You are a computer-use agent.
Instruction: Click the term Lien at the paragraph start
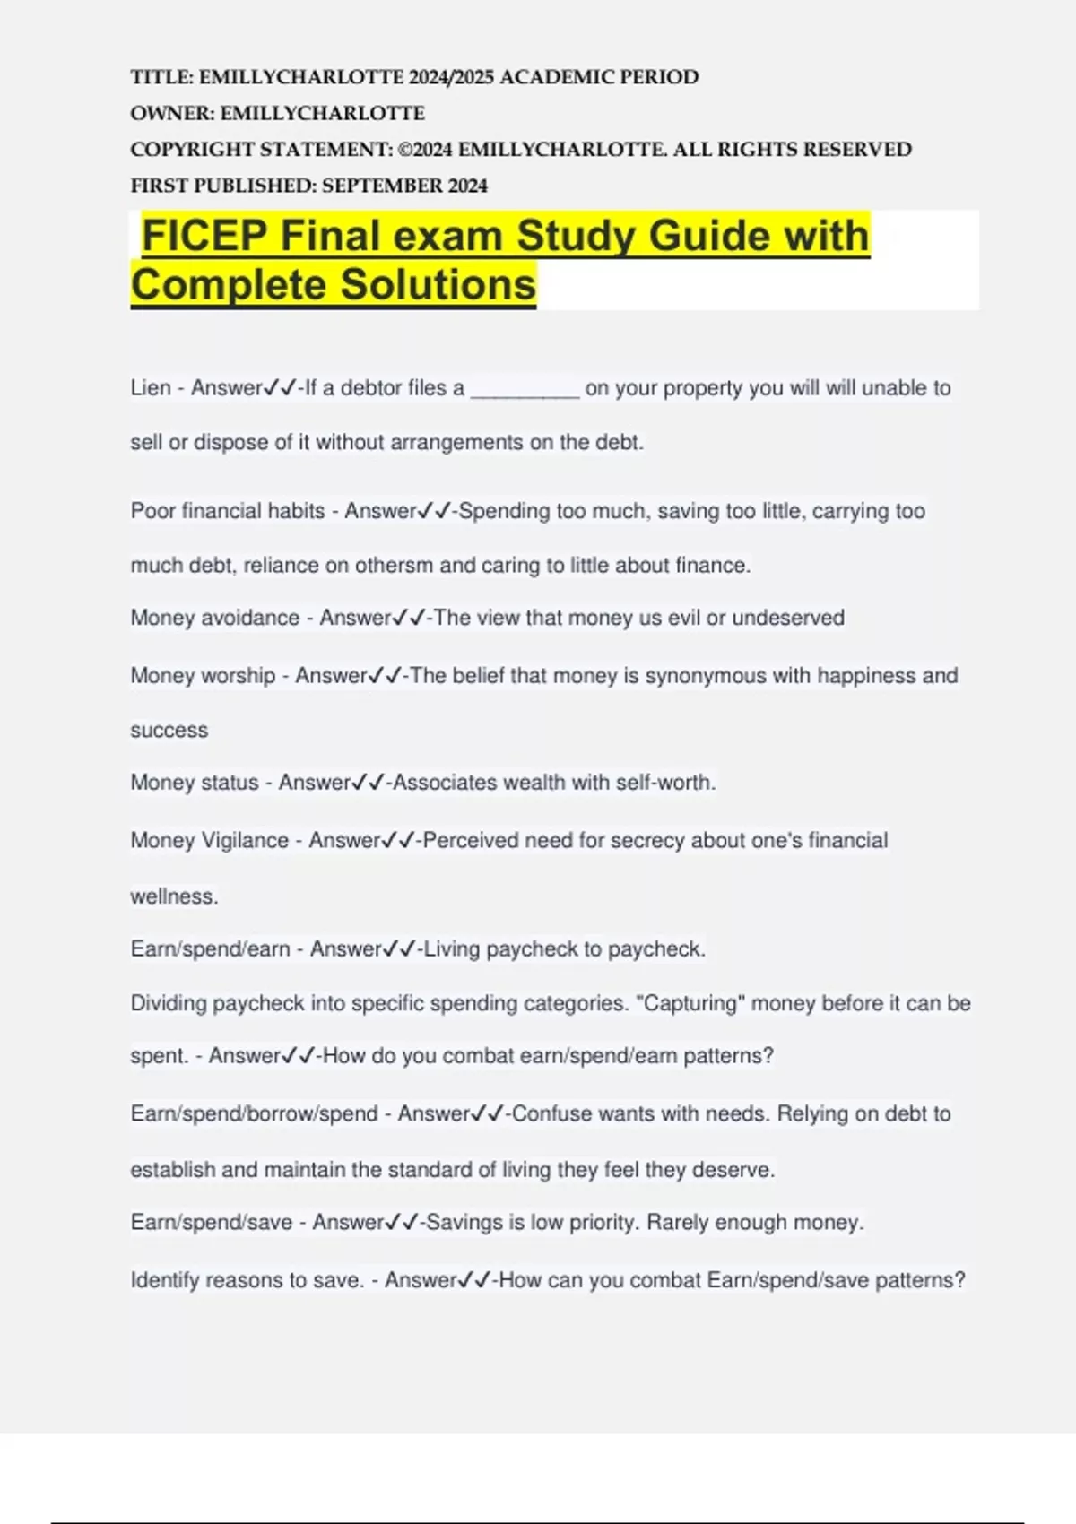(151, 388)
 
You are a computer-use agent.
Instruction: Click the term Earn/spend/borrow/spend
(254, 1114)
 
